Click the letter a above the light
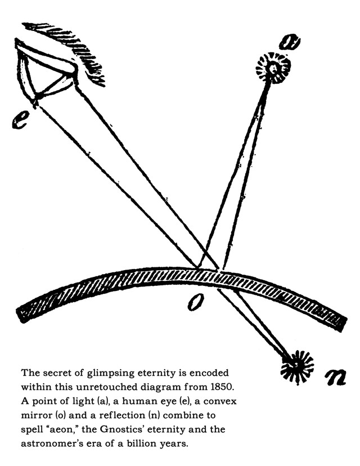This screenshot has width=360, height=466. tap(289, 42)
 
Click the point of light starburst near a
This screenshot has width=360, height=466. tap(273, 69)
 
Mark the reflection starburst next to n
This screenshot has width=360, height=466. tap(297, 365)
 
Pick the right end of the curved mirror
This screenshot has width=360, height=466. tap(337, 324)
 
